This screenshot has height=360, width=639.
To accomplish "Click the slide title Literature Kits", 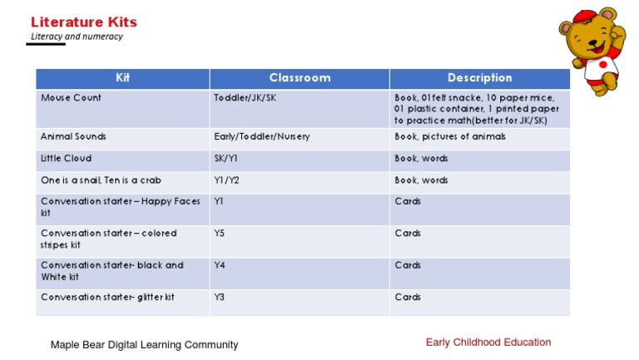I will (83, 22).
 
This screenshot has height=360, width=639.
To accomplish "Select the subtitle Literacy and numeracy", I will (77, 37).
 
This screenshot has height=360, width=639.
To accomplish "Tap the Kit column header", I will (122, 78).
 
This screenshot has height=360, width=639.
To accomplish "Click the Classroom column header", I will (300, 78).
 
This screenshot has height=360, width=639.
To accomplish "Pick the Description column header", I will (479, 78).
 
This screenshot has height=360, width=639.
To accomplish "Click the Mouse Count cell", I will (72, 98).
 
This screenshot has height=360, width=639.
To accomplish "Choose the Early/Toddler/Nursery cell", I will (261, 136).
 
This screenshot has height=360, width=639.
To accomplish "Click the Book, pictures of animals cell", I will (449, 136).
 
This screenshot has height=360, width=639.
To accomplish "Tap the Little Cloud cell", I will (67, 158).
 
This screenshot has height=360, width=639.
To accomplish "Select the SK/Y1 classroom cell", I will (226, 158).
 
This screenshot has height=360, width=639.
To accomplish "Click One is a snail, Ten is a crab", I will (101, 180).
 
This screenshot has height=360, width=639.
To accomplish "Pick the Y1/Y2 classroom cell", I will (226, 180).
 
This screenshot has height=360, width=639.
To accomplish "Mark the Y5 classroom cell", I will (220, 234).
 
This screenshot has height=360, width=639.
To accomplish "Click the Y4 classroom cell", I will (220, 265).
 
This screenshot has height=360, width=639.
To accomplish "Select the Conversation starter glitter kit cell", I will (107, 297).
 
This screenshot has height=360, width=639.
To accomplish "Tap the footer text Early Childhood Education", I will (488, 342).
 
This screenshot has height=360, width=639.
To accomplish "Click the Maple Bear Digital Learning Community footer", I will (144, 344).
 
